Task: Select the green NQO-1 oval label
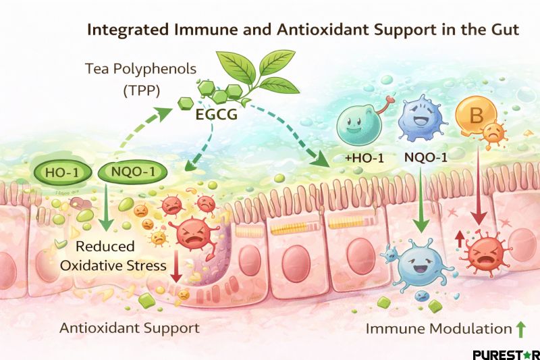[131, 172]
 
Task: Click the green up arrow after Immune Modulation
[520, 329]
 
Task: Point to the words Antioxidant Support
[129, 328]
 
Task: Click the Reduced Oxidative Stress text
[112, 255]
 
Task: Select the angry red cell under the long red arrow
[481, 251]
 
